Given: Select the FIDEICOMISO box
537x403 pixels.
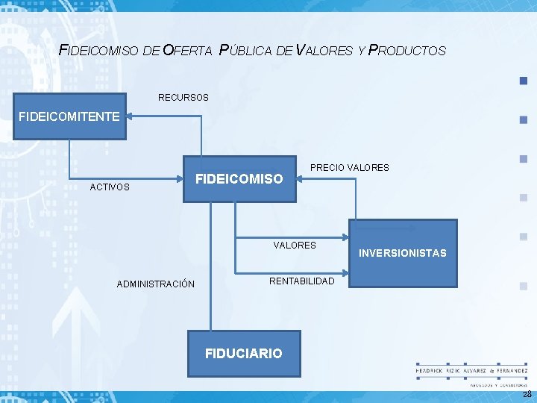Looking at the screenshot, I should click(239, 179).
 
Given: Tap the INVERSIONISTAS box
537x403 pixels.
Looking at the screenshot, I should click(403, 253).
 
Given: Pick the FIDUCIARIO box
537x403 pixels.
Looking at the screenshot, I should click(244, 353).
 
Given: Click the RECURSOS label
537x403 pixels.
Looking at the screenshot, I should click(183, 98).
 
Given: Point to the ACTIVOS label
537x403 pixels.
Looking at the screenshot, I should click(110, 187).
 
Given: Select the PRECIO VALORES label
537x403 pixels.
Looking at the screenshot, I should click(349, 168).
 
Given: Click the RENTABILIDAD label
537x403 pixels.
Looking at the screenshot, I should click(301, 281).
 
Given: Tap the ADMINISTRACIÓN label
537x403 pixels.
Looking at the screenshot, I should click(156, 284).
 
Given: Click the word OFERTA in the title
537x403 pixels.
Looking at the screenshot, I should click(187, 51).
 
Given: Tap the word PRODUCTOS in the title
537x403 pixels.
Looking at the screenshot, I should click(407, 51).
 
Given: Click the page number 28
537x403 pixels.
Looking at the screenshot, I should click(527, 394).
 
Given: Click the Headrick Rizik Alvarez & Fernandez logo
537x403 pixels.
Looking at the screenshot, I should click(471, 373).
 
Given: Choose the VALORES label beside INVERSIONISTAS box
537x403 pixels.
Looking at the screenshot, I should click(295, 245).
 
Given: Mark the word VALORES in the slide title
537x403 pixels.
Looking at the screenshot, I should click(324, 51).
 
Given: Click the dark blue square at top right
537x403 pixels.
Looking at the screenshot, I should click(523, 81).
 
